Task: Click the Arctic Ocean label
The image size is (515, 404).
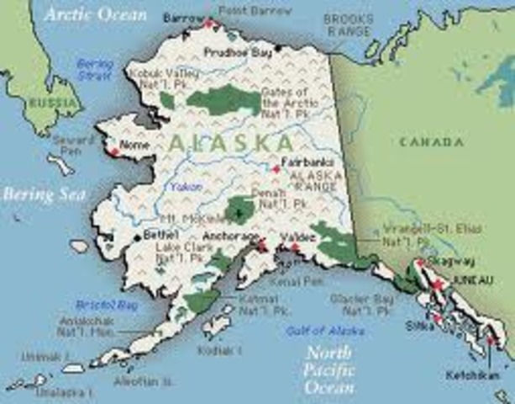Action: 96,14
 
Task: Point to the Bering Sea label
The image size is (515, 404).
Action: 44,194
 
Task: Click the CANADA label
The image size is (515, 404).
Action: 433,141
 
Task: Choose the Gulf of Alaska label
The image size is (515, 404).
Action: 313,330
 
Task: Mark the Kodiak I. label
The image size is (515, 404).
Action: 219,349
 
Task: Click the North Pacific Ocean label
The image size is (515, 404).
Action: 329,371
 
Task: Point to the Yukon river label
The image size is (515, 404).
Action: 187,187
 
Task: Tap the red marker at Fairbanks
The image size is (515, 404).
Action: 275,167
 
